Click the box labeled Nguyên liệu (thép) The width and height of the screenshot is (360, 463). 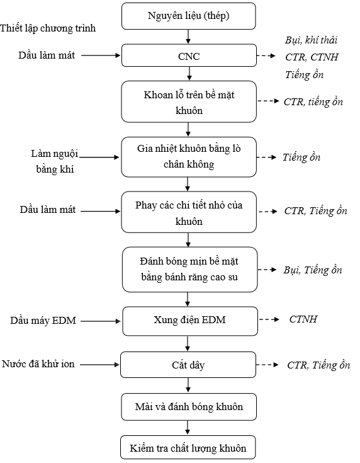189,16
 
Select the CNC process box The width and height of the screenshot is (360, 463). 189,55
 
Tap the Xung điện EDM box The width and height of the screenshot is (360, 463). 190,321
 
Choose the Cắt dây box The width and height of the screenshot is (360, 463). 188,365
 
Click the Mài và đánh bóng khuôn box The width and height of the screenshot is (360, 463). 189,407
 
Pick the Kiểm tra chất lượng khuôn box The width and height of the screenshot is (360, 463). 188,447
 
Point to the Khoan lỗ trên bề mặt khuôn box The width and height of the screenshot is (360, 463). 189,102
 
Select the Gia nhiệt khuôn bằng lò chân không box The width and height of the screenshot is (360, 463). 189,157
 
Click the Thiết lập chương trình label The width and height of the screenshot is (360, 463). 48,28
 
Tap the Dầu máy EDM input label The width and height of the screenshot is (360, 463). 43,321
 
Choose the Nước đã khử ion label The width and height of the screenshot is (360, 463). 38,364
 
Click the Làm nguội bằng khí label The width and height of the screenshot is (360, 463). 55,161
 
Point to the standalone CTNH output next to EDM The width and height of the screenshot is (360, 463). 303,319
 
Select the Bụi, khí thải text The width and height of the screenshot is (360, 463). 312,40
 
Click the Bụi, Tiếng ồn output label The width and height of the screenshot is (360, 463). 313,270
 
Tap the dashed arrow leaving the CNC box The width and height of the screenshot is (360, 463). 266,55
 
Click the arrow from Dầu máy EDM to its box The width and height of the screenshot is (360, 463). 101,321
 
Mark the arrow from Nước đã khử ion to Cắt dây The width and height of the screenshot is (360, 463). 99,365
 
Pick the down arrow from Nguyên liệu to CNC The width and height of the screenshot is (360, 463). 188,37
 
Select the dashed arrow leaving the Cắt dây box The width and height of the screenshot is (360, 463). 267,365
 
